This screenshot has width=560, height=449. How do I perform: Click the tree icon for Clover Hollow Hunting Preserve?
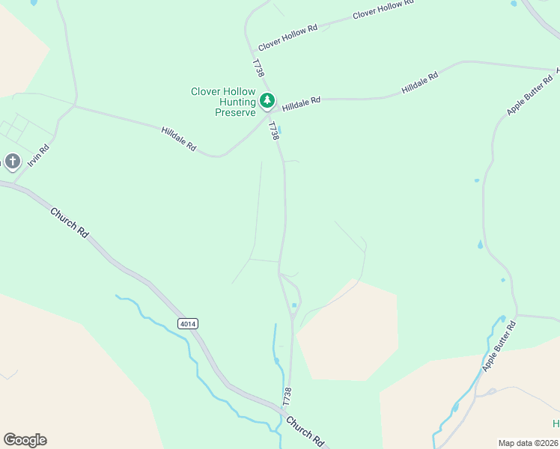(x=267, y=100)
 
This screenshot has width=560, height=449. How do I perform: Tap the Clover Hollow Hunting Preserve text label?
(x=223, y=102)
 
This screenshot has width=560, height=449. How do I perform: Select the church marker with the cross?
(x=12, y=162)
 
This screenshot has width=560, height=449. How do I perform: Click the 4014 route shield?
(x=188, y=323)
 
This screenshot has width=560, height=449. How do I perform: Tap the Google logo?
(x=25, y=440)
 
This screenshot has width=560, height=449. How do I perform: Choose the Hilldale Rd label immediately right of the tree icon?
(x=301, y=104)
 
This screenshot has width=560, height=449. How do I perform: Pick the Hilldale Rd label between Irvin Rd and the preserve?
(x=178, y=140)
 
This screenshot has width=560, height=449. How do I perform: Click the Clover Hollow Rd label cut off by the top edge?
(x=383, y=9)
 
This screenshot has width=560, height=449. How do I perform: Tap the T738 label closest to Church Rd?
(x=287, y=396)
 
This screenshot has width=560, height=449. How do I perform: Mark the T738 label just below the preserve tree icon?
(x=273, y=132)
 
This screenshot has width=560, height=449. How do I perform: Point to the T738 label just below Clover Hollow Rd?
(x=258, y=68)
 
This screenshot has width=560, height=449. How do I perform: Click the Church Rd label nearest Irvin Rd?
(x=70, y=222)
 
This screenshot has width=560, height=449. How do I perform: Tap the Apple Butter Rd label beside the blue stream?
(x=500, y=346)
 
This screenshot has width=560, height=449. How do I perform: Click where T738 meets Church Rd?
(x=284, y=414)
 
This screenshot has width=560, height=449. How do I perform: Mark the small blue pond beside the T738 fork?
(x=294, y=305)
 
